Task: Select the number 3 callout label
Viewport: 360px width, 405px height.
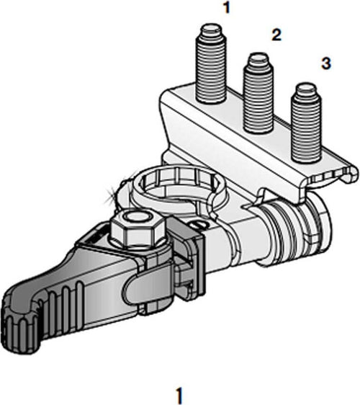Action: tap(325, 65)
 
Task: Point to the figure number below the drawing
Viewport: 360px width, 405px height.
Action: tap(179, 395)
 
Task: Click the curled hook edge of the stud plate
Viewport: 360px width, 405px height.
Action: tap(348, 173)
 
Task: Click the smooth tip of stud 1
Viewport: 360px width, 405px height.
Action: tap(211, 30)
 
